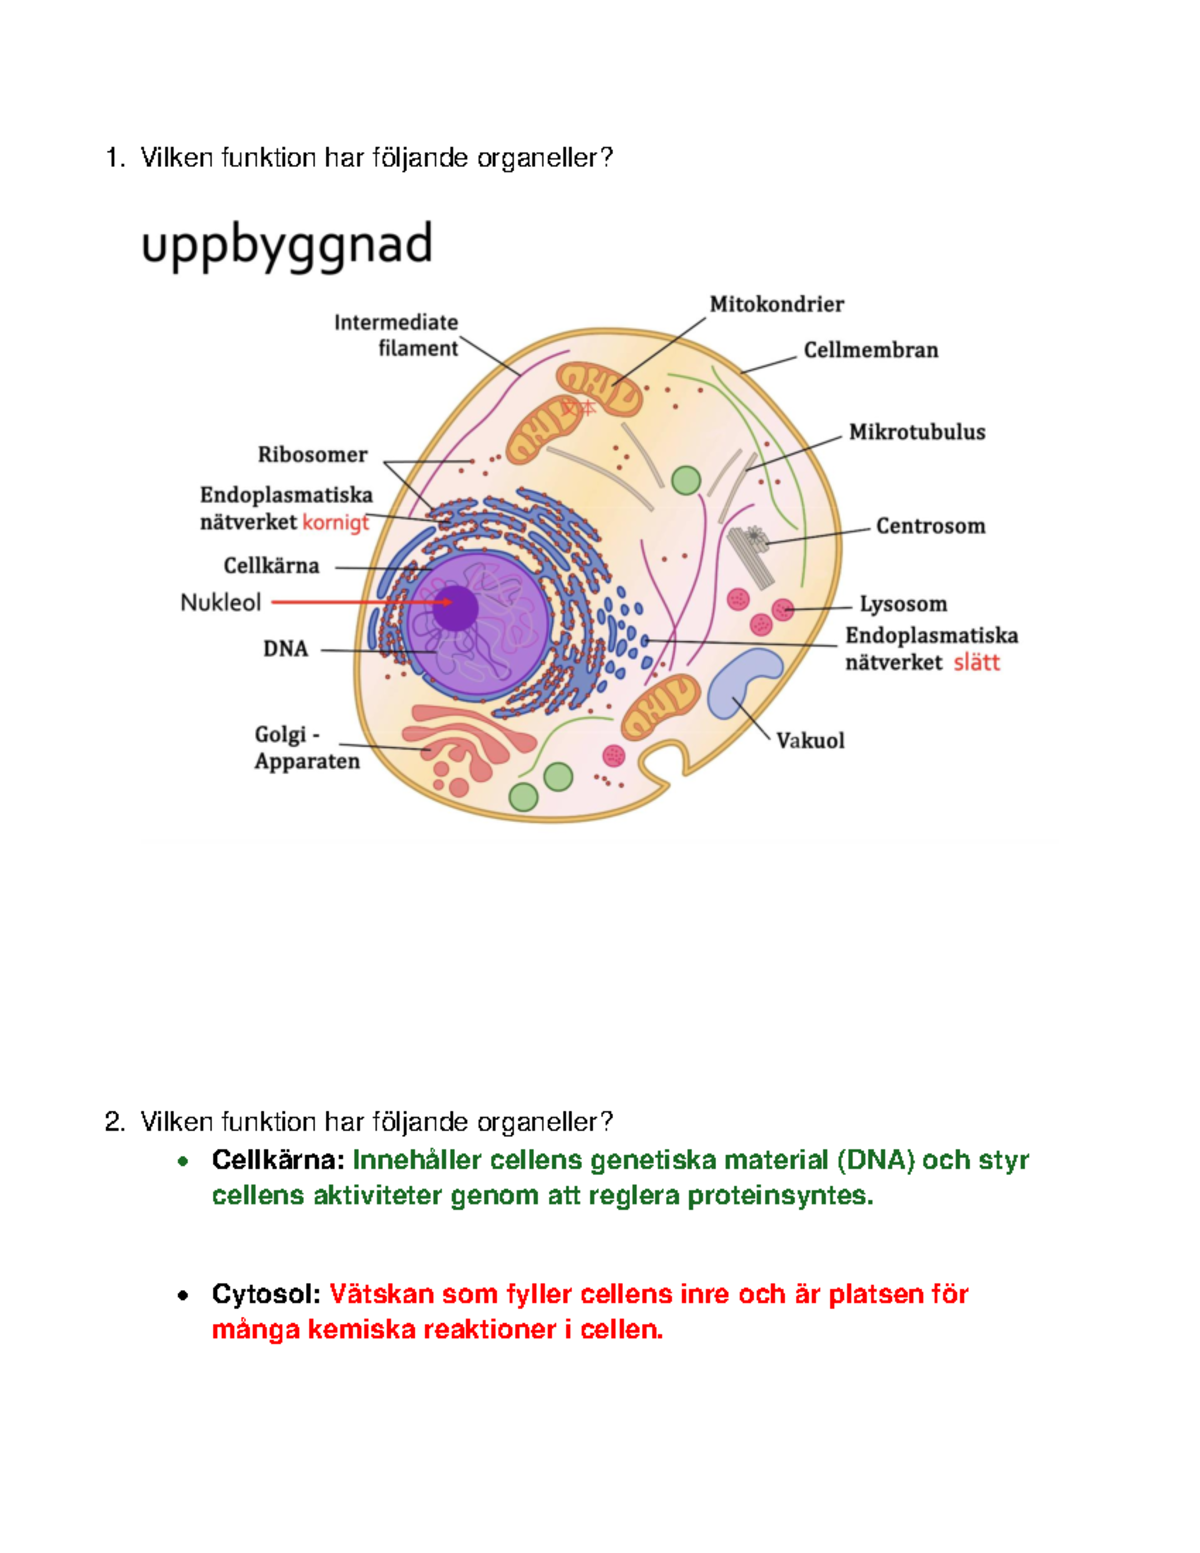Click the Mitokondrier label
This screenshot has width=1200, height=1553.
(x=776, y=304)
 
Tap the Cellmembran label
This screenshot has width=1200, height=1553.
(x=870, y=350)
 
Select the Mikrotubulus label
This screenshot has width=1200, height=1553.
(x=916, y=432)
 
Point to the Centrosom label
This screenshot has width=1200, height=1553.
(x=930, y=526)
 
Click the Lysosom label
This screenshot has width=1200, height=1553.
(x=903, y=604)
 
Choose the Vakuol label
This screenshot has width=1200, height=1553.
(x=810, y=741)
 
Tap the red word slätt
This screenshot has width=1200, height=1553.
(x=976, y=663)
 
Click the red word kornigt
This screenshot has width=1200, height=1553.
(x=335, y=522)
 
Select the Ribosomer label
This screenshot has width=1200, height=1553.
(x=312, y=455)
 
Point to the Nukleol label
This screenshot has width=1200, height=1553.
(x=220, y=603)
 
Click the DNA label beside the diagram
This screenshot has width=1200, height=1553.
(x=285, y=649)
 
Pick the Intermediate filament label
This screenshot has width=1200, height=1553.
(x=396, y=335)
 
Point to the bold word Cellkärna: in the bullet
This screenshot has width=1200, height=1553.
(x=277, y=1160)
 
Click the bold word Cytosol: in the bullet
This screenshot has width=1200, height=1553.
(x=265, y=1294)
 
